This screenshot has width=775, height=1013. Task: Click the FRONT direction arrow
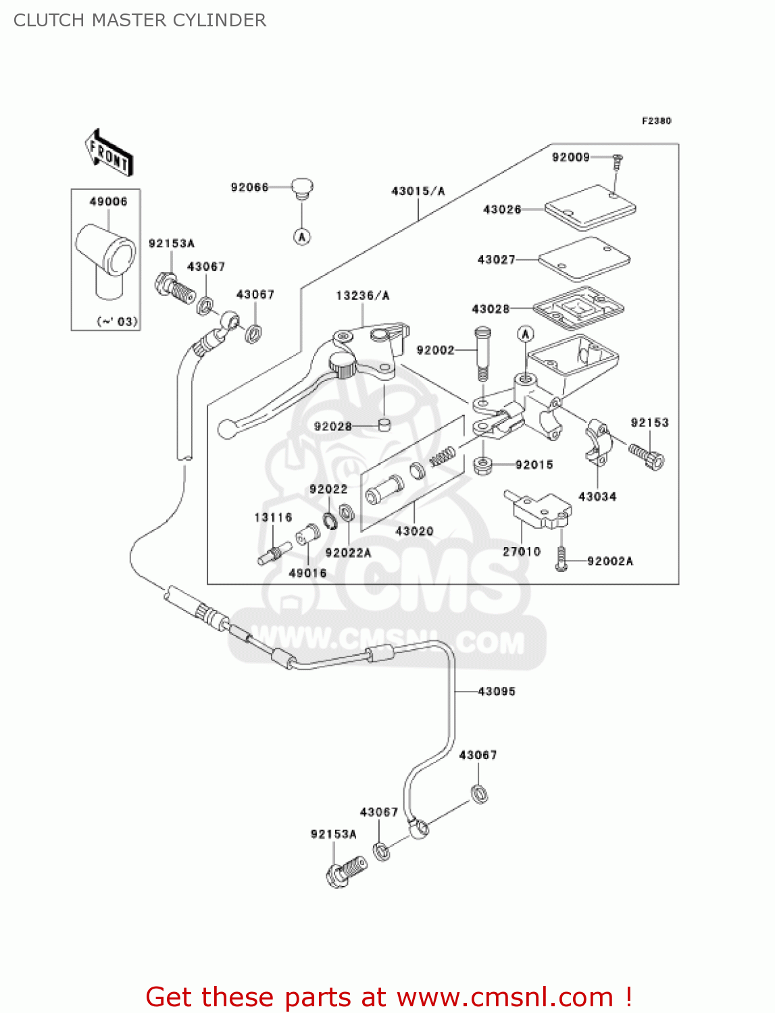click(109, 153)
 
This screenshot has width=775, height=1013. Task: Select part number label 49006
click(108, 201)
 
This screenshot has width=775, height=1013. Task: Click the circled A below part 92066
click(302, 236)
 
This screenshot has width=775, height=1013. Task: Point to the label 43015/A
click(418, 191)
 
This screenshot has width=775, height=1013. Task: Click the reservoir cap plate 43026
click(590, 207)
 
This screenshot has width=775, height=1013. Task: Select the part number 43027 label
click(496, 259)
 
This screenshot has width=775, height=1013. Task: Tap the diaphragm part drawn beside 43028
click(578, 310)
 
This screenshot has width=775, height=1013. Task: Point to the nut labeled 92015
click(482, 465)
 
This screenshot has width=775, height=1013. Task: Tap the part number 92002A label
click(609, 561)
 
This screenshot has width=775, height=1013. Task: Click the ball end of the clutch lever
click(227, 428)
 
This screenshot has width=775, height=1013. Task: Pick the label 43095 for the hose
click(496, 692)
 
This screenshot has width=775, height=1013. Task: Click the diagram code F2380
click(656, 121)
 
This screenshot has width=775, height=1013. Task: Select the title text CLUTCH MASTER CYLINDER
click(140, 20)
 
